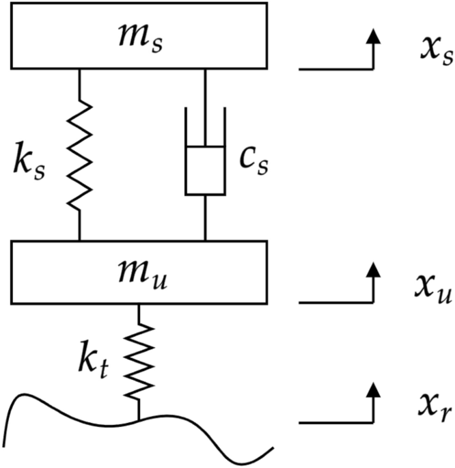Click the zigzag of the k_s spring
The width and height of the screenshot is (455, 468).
[81, 154]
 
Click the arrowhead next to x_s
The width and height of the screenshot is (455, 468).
[372, 37]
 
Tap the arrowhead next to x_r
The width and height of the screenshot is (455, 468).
[372, 390]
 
